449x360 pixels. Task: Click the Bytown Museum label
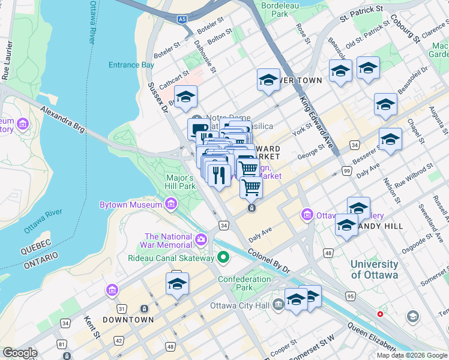tap(130, 205)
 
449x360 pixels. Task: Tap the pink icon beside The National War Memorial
tap(201, 240)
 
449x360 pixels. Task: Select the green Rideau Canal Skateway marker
tap(223, 258)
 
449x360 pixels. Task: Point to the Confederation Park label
tap(244, 283)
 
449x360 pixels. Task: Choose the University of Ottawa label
tap(374, 269)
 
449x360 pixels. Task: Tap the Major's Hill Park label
tap(179, 182)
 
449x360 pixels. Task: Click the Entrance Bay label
tap(131, 65)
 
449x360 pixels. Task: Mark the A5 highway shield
tap(182, 20)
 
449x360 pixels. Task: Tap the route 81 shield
tap(62, 344)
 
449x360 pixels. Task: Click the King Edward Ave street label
tap(316, 123)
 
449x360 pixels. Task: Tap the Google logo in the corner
tap(20, 353)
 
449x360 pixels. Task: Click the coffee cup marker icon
tap(198, 128)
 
